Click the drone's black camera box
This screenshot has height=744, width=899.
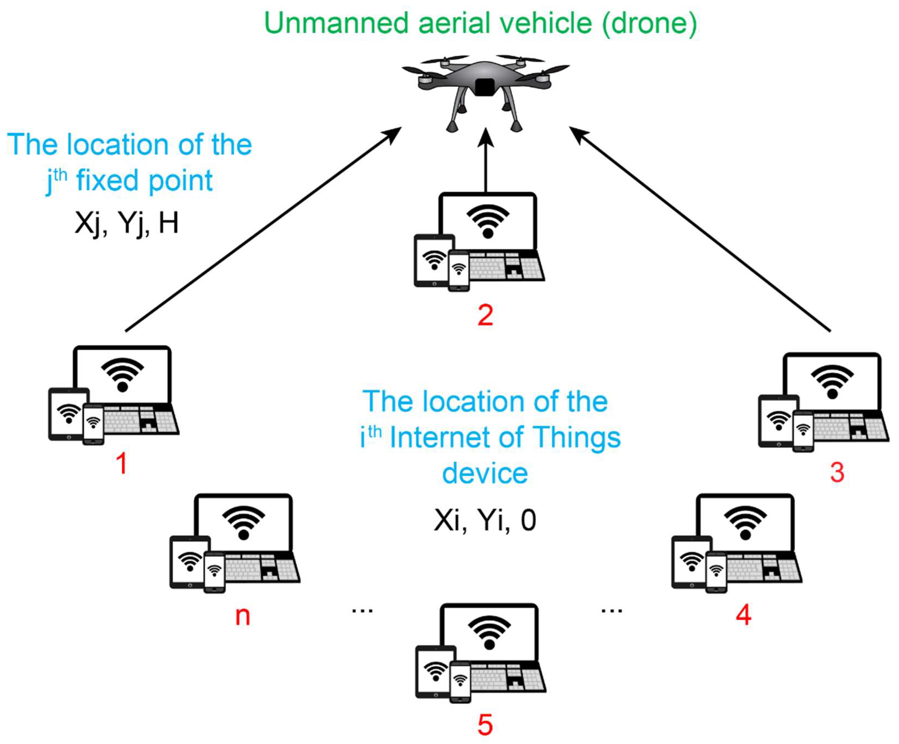(x=485, y=87)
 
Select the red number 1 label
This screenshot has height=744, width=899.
(x=122, y=463)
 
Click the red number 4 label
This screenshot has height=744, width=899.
(x=743, y=615)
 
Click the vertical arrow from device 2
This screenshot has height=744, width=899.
(x=485, y=163)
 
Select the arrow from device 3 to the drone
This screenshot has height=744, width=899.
(x=702, y=229)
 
